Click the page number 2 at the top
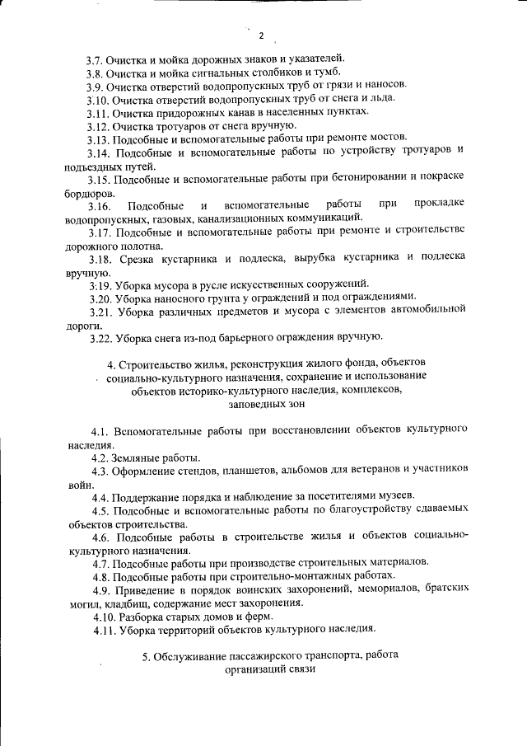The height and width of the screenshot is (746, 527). pos(261,35)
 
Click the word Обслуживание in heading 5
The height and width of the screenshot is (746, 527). pos(190,656)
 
